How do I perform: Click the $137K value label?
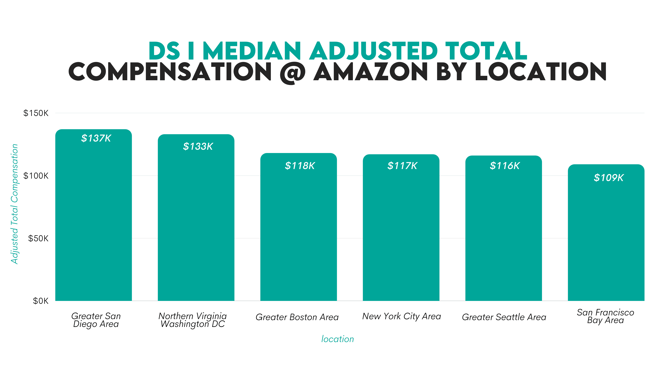(x=96, y=138)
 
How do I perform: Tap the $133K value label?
(x=198, y=147)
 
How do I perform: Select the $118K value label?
(x=300, y=166)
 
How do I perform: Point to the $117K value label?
(x=402, y=166)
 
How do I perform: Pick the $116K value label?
(x=505, y=166)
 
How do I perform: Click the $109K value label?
(x=609, y=178)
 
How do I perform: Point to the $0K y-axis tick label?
(x=41, y=301)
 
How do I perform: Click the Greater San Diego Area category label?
(x=96, y=320)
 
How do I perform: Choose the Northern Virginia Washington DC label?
(x=193, y=320)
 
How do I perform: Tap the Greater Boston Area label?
(x=297, y=317)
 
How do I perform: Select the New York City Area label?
(x=402, y=316)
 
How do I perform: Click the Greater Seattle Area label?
(x=504, y=317)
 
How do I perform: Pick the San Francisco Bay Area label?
(x=605, y=316)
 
